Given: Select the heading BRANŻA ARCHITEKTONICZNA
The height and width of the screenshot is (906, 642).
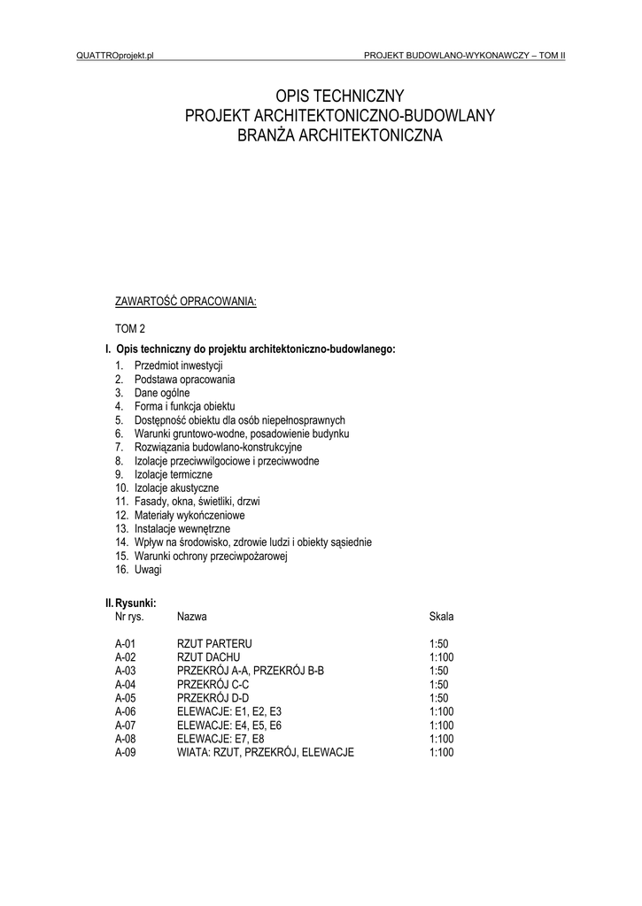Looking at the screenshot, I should coord(339,135).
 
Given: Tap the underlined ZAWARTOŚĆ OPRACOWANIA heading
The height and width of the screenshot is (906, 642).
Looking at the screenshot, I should coord(186,302).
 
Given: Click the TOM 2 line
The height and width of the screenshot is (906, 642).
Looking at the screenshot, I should coord(130,328).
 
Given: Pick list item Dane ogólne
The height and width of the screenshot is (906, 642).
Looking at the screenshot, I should coord(162,392).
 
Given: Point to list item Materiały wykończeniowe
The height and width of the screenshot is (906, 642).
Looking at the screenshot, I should coord(190,515).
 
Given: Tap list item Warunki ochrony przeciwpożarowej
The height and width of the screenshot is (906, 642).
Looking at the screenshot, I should coord(212,557).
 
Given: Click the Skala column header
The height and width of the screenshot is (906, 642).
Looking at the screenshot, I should coord(441,616).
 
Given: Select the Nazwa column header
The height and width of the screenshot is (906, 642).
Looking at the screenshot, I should coord(192,616).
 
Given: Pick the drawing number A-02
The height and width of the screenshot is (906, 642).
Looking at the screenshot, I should coord(126,657).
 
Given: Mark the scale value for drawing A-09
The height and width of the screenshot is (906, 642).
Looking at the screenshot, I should coord(441,753).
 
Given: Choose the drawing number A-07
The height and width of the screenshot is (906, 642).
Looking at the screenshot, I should coord(126,726).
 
